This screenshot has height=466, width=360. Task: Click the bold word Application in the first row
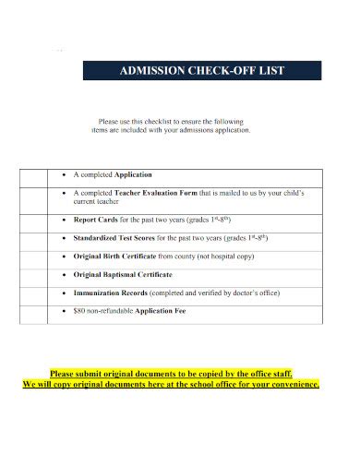(132, 174)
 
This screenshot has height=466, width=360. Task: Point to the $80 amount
(79, 310)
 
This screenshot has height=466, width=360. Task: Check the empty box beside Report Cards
(38, 221)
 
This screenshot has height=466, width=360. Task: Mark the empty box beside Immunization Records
(38, 293)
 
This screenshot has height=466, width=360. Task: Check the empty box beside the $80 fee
(38, 310)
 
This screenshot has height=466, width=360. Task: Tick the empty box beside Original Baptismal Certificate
(38, 274)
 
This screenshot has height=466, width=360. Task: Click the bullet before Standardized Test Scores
(65, 238)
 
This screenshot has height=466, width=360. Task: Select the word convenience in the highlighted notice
(294, 384)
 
